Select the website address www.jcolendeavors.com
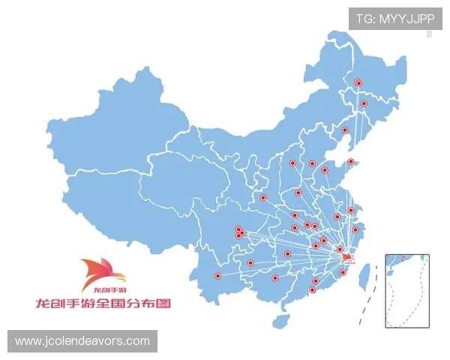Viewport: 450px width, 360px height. point(82,341)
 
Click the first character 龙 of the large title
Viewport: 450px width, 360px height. point(44,304)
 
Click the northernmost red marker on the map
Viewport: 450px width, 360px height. point(358,83)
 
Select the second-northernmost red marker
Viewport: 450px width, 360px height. point(364,103)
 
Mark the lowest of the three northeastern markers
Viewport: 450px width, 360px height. point(345,130)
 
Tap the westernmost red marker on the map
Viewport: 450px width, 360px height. point(217,276)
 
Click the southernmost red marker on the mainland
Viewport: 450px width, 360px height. point(312,289)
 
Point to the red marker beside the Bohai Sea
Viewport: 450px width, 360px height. point(350,161)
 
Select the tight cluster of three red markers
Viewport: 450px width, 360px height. point(239,232)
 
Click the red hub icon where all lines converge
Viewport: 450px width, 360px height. point(346,259)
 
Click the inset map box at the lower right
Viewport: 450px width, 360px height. point(407,289)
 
